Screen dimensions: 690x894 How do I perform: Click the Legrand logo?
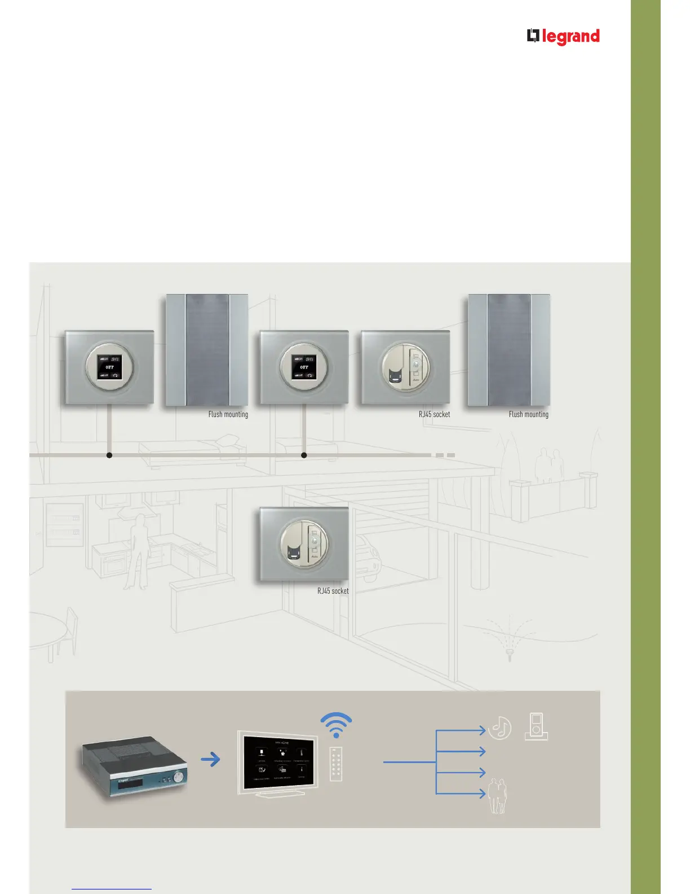[563, 37]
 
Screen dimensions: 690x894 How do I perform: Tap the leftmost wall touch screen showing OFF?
[109, 367]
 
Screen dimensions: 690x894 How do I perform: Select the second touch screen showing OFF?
[304, 367]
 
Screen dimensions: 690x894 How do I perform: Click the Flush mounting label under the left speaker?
[228, 414]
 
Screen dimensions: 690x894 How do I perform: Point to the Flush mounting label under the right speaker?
[528, 414]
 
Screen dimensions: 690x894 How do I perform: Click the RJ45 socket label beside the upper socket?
[434, 414]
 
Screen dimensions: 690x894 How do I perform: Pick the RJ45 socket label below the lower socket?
[333, 591]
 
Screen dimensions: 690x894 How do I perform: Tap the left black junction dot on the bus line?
[109, 455]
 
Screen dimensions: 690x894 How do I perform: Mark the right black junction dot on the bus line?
[304, 455]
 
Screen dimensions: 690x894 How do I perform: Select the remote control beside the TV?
[336, 764]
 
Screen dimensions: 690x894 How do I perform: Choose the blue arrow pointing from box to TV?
[210, 760]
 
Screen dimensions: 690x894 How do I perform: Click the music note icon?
[499, 728]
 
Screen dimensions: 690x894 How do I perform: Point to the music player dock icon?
[536, 726]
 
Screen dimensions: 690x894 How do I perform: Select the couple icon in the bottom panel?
[497, 796]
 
